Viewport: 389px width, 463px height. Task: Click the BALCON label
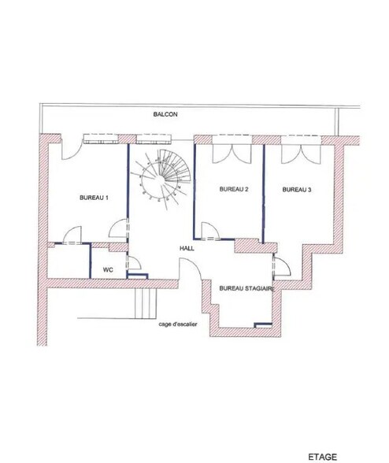pyautogui.click(x=165, y=114)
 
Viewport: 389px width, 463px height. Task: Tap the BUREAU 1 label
pyautogui.click(x=94, y=198)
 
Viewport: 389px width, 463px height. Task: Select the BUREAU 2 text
pyautogui.click(x=234, y=189)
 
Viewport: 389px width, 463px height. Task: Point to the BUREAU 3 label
pyautogui.click(x=297, y=190)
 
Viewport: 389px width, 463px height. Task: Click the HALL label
pyautogui.click(x=187, y=248)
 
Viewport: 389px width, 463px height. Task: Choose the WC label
pyautogui.click(x=108, y=269)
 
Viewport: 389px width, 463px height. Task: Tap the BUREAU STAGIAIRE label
pyautogui.click(x=247, y=288)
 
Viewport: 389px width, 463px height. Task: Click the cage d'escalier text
pyautogui.click(x=178, y=324)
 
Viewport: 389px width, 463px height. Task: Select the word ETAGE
pyautogui.click(x=323, y=457)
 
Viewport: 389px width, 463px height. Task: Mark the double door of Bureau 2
pyautogui.click(x=233, y=154)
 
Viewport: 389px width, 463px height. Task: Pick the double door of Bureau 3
pyautogui.click(x=301, y=154)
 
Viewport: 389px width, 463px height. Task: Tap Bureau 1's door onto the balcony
pyautogui.click(x=72, y=150)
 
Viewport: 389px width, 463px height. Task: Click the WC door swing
pyautogui.click(x=134, y=262)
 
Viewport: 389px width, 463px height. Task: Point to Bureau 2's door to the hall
pyautogui.click(x=210, y=230)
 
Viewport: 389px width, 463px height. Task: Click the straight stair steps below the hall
pyautogui.click(x=146, y=303)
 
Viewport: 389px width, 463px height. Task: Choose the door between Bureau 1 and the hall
pyautogui.click(x=119, y=228)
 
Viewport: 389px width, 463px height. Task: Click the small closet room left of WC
pyautogui.click(x=69, y=261)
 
